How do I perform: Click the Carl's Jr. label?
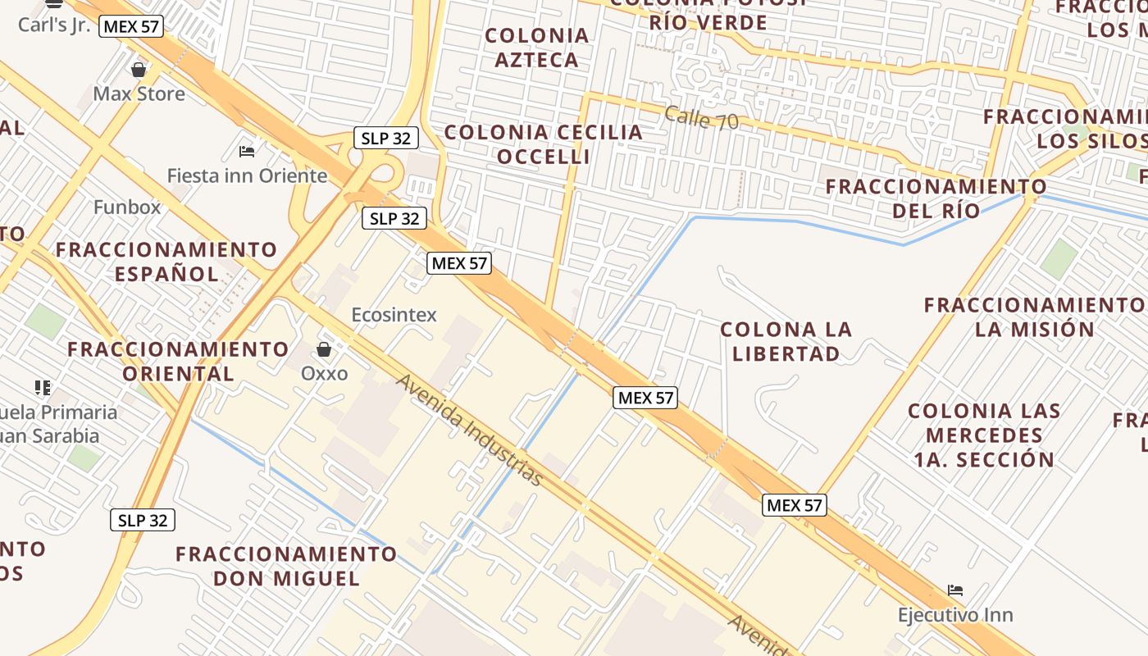54,25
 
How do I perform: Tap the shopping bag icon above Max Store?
139,70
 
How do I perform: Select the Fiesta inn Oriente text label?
247,175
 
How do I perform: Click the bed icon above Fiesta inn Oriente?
247,151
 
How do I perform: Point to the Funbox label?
127,207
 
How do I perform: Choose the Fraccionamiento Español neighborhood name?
166,261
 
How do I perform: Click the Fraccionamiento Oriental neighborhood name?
178,361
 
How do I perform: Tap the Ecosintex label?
394,315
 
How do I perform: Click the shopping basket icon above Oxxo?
324,350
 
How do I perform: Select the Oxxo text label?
324,374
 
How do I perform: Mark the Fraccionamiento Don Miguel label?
286,566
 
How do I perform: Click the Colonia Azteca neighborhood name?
537,48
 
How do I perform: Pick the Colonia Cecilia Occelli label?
543,143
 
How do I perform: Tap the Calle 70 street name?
701,118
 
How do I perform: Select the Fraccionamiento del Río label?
936,198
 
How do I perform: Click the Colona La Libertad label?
786,341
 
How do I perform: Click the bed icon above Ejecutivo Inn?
954,590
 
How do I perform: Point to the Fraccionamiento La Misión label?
1034,317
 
